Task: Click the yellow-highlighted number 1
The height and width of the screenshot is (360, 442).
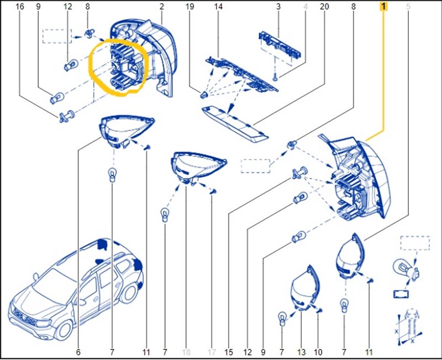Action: (383, 7)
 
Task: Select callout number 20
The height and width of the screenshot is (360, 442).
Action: (324, 7)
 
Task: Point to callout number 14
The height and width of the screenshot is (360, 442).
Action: (218, 7)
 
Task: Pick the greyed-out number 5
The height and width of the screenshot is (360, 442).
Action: (408, 7)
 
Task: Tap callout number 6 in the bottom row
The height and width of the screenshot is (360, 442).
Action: (78, 352)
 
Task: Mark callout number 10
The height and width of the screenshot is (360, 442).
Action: (319, 352)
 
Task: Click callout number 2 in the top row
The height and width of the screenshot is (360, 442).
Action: (162, 7)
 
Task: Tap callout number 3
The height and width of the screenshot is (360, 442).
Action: (278, 7)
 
